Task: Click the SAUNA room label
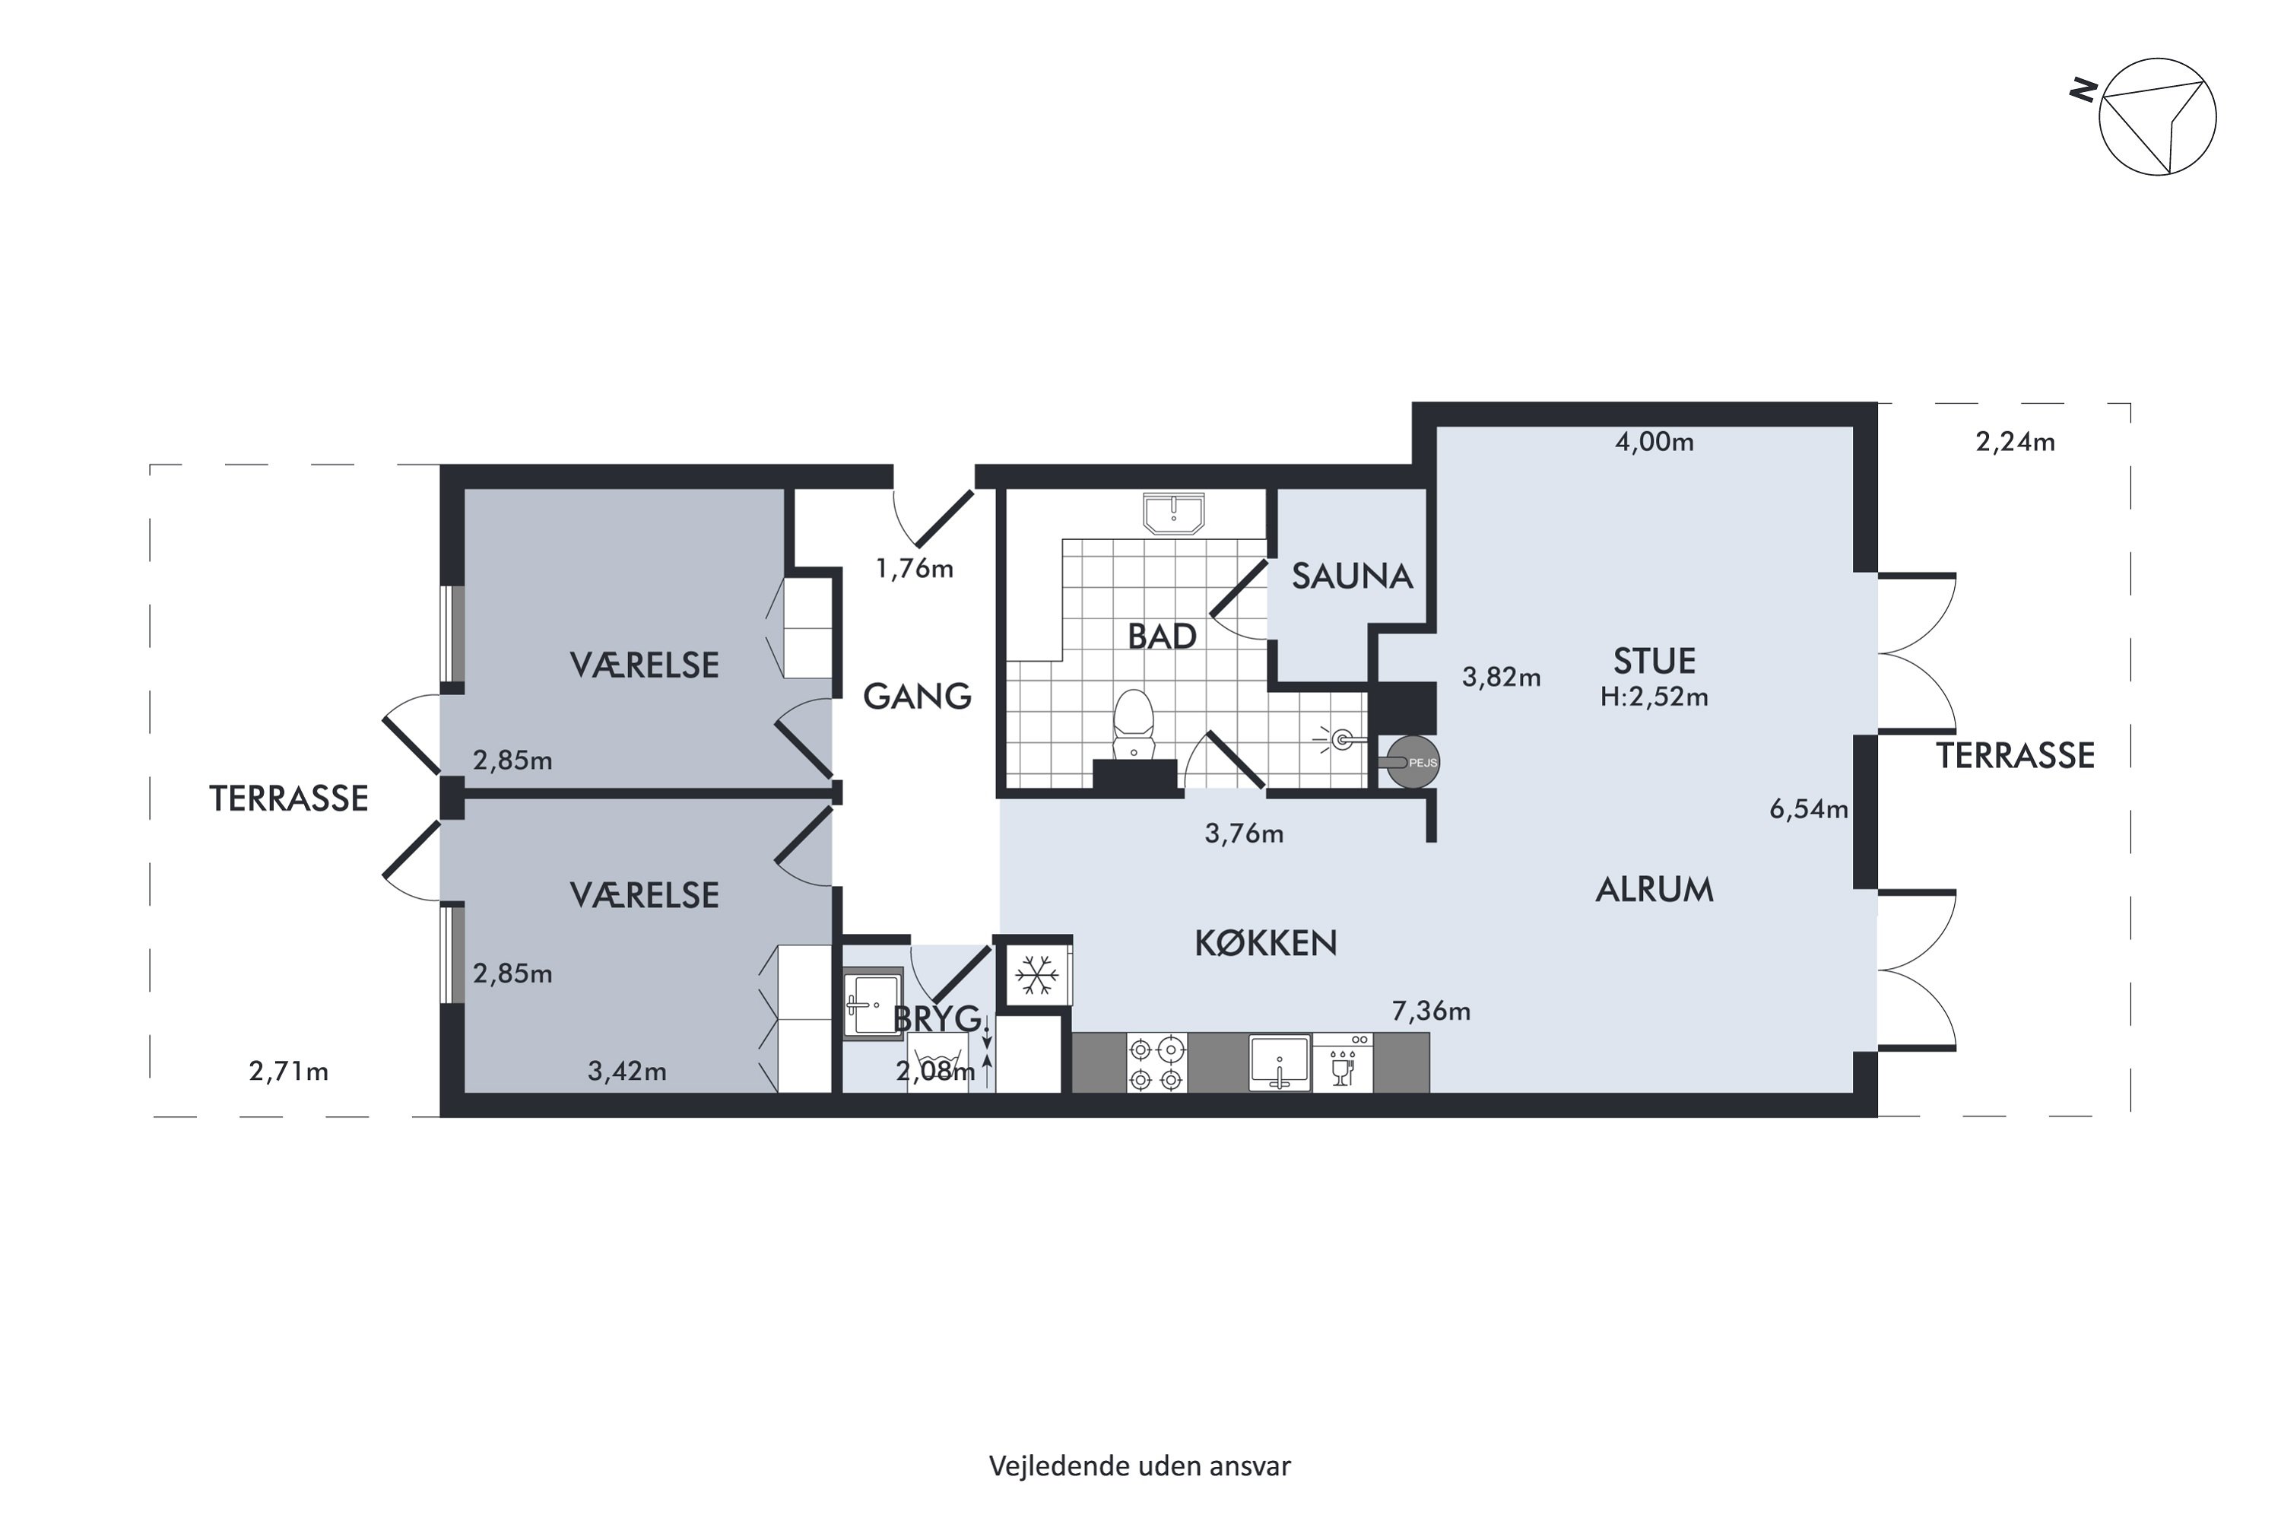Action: [1351, 576]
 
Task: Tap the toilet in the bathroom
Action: [1133, 725]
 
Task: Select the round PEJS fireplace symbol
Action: [1413, 763]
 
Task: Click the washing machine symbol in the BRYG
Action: [937, 1063]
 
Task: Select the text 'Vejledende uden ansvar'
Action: [1140, 1465]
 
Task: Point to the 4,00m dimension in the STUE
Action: [1654, 443]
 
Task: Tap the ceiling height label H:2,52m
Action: [1654, 697]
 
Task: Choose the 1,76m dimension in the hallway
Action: [914, 568]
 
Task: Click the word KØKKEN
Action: [1266, 943]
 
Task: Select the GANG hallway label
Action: [916, 697]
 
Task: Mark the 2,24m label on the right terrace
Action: [2016, 443]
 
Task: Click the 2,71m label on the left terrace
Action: [288, 1072]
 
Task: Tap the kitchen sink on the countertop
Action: [1279, 1064]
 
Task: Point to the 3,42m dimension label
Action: [627, 1072]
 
